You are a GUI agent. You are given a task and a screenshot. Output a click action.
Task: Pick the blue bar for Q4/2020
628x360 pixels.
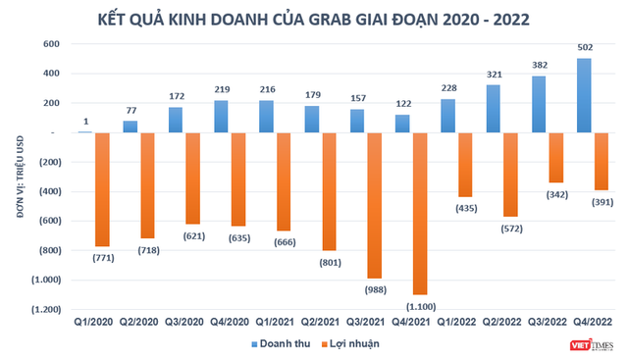(x=222, y=116)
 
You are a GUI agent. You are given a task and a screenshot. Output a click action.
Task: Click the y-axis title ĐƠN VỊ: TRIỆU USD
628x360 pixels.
(x=18, y=177)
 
